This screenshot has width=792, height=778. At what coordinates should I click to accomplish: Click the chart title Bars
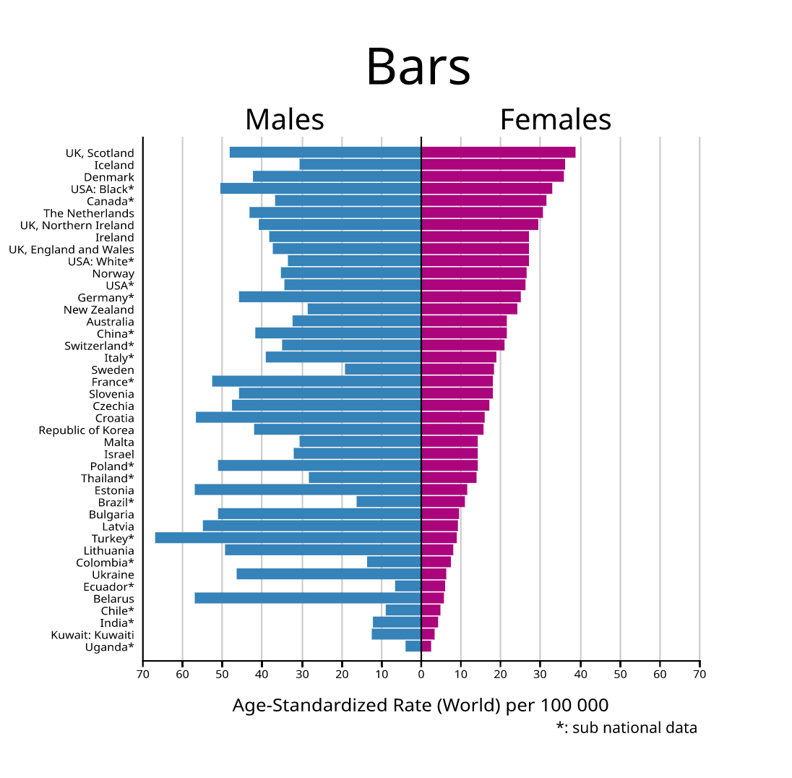click(x=418, y=67)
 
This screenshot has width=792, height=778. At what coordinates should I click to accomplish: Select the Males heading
click(x=284, y=119)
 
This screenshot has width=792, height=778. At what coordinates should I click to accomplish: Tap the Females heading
click(x=555, y=119)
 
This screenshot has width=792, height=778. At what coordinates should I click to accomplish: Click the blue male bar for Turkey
click(x=288, y=538)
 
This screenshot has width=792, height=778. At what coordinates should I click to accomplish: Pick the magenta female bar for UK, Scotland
click(x=498, y=153)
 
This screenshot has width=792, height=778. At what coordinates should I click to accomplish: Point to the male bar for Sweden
click(x=383, y=369)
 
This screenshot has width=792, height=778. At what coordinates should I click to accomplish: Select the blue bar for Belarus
click(x=307, y=598)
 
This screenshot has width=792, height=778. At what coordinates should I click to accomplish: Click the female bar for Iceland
click(x=493, y=165)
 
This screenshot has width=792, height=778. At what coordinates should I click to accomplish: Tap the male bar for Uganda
click(x=413, y=646)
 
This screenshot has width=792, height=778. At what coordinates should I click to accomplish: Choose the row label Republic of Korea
click(x=86, y=430)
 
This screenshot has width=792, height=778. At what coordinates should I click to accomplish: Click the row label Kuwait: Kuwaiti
click(x=92, y=635)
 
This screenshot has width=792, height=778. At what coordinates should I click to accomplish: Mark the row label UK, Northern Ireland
click(x=77, y=226)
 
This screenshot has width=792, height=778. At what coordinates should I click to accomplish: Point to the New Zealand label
click(x=98, y=309)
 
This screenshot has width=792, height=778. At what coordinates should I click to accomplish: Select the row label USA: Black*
click(x=102, y=189)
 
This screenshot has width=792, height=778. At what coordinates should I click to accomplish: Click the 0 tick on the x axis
click(x=421, y=674)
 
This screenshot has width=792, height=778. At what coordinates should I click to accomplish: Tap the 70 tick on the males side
click(x=143, y=674)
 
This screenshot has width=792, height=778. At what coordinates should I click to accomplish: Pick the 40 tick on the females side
click(x=580, y=674)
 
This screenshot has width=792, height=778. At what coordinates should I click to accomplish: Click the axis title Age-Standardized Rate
click(x=420, y=705)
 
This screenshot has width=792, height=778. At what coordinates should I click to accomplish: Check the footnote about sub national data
click(x=626, y=727)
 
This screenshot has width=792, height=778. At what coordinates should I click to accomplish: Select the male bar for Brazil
click(x=389, y=502)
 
